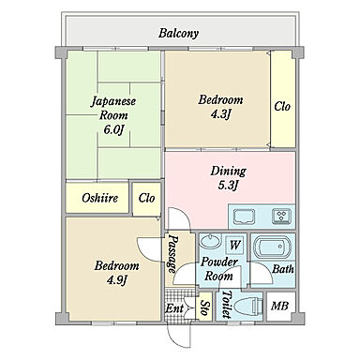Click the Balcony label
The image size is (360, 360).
pyautogui.click(x=178, y=33)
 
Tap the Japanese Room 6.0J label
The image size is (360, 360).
pyautogui.click(x=113, y=115)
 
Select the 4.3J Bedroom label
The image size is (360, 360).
pyautogui.click(x=220, y=107)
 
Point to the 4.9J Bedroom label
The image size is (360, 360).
pyautogui.click(x=116, y=273)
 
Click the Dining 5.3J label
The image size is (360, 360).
pyautogui.click(x=228, y=178)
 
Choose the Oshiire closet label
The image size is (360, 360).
pyautogui.click(x=100, y=198)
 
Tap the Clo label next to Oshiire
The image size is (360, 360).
pyautogui.click(x=146, y=198)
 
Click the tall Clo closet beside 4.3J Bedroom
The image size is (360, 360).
pyautogui.click(x=283, y=99)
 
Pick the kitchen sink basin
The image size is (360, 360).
pyautogui.click(x=244, y=217)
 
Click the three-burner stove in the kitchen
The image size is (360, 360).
pyautogui.click(x=281, y=217)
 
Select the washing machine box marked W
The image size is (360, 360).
pyautogui.click(x=235, y=246)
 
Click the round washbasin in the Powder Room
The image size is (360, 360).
pyautogui.click(x=210, y=241)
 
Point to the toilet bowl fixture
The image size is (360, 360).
pyautogui.click(x=248, y=307)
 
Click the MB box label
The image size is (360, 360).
pyautogui.click(x=279, y=306)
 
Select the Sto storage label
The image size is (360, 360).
pyautogui.click(x=205, y=307)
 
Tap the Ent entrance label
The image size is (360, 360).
pyautogui.click(x=174, y=308)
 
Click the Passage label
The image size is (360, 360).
pyautogui.click(x=172, y=254)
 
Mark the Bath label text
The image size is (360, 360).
pyautogui.click(x=283, y=269)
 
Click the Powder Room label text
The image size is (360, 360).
pyautogui.click(x=219, y=269)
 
